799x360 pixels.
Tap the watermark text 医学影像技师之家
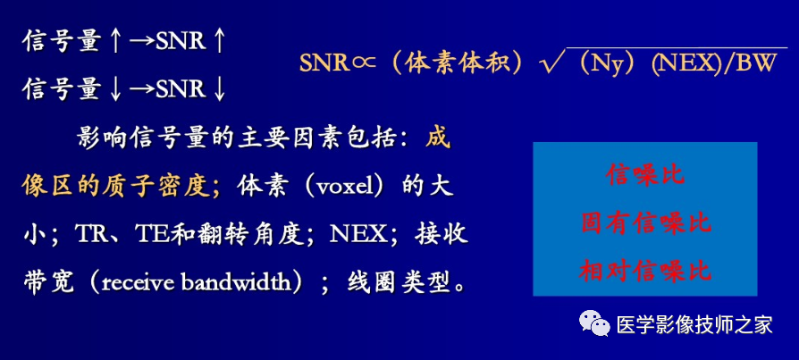point(694,326)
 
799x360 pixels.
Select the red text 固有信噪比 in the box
point(645,222)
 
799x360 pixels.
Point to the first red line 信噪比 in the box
point(645,175)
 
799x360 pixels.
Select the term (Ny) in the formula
point(608,64)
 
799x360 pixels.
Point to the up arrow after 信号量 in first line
point(115,41)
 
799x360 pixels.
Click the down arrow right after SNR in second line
point(218,89)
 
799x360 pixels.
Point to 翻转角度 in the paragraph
point(269,235)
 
